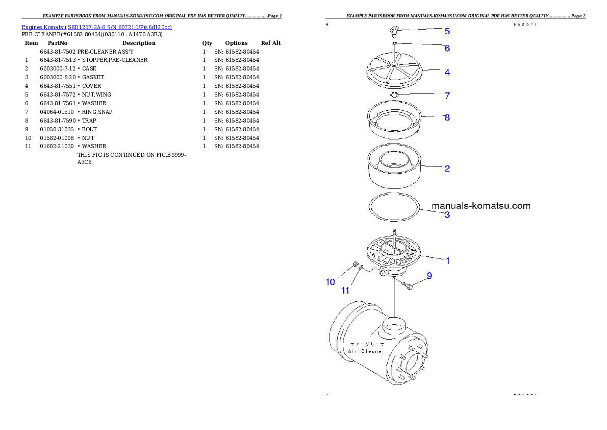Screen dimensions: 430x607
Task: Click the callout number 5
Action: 447,31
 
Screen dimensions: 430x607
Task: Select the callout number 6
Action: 447,49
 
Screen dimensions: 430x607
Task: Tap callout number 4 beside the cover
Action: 447,73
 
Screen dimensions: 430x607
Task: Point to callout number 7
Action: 447,96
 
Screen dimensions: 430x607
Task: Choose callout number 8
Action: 447,117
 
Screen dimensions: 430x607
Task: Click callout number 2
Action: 447,169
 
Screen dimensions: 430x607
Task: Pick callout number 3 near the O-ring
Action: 447,215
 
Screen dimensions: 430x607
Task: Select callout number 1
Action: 447,260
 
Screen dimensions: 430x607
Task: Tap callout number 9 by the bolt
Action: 429,276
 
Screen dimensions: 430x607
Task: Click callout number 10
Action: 331,282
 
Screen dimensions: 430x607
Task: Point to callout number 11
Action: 345,291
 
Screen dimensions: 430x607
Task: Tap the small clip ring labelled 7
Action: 394,94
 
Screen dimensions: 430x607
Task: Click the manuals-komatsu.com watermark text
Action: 480,206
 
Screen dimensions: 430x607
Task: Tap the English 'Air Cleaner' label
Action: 367,351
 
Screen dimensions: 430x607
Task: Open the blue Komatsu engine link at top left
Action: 96,27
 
